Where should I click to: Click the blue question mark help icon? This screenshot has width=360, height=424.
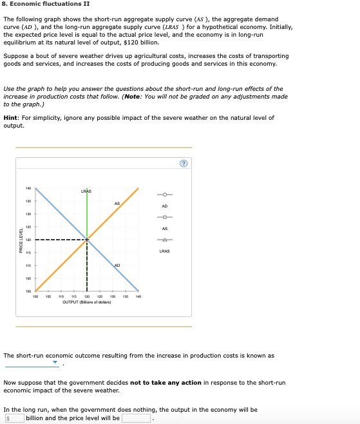[184, 164]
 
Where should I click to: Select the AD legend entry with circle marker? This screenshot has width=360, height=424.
[164, 195]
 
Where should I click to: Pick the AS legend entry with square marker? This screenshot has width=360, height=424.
[164, 217]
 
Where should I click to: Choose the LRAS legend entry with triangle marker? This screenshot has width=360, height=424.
[164, 240]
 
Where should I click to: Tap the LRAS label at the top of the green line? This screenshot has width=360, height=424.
[86, 191]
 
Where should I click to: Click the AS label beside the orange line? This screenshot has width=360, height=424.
[117, 204]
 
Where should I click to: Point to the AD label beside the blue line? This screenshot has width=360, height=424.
[117, 265]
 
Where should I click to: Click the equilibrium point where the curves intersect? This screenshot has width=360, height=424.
[87, 240]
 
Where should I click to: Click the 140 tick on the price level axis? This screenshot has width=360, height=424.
[28, 188]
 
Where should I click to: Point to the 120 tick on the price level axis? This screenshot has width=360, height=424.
[28, 240]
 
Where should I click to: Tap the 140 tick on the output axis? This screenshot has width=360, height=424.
[138, 297]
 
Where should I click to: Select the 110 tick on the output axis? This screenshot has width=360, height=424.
[61, 297]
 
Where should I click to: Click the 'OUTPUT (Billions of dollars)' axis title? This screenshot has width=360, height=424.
[87, 302]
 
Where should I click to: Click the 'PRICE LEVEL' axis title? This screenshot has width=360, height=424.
[21, 240]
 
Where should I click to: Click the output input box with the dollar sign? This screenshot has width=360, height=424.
[14, 418]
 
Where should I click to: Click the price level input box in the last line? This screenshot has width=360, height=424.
[137, 418]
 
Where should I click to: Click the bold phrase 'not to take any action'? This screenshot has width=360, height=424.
[166, 383]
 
